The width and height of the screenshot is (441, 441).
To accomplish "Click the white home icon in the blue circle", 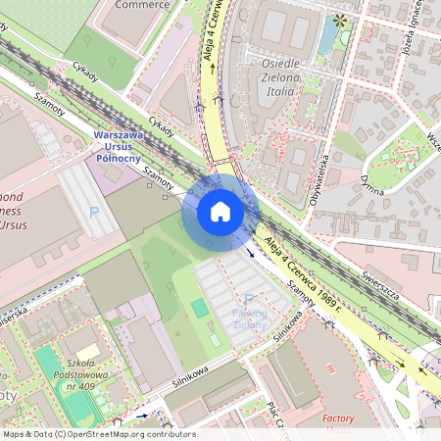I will pyautogui.click(x=220, y=212).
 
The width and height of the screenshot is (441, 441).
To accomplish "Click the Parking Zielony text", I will pyautogui.click(x=249, y=318).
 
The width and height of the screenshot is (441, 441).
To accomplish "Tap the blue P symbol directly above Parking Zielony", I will pyautogui.click(x=248, y=298).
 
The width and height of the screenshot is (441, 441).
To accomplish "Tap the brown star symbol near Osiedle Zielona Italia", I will pyautogui.click(x=340, y=19).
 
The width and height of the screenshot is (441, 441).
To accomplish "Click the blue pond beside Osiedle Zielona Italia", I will pyautogui.click(x=326, y=36).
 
